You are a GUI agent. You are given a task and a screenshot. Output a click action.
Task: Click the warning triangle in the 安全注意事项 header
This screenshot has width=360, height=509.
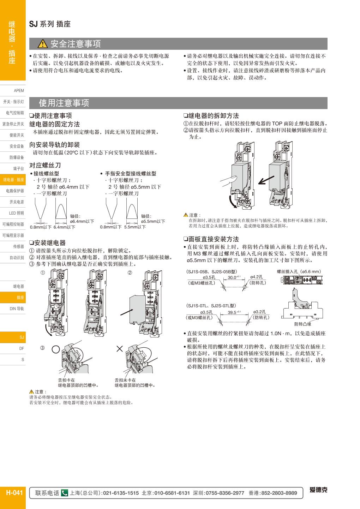pyautogui.click(x=42, y=44)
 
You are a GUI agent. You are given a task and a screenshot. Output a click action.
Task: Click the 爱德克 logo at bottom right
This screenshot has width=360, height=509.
pyautogui.click(x=318, y=490)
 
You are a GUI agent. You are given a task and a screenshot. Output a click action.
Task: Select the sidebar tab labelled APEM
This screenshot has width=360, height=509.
pyautogui.click(x=19, y=91)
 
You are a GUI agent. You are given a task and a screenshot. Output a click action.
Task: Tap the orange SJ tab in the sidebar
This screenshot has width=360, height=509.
pyautogui.click(x=22, y=337)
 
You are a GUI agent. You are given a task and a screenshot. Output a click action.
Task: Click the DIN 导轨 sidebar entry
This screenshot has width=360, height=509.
pyautogui.click(x=17, y=309)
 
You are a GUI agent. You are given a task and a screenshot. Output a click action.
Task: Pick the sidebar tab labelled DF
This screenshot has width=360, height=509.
pyautogui.click(x=22, y=348)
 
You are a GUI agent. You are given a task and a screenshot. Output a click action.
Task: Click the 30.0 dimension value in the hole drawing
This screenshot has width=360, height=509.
pyautogui.click(x=232, y=277)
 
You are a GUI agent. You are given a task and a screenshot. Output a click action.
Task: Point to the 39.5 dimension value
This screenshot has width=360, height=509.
pyautogui.click(x=232, y=312)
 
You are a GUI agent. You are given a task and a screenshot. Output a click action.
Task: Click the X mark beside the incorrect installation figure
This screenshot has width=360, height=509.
pyautogui.click(x=120, y=349)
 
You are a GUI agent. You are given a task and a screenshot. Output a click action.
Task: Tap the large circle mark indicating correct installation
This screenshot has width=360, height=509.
pyautogui.click(x=56, y=349)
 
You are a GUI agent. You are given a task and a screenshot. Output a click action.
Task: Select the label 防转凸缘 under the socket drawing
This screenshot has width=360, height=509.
pyautogui.click(x=303, y=324)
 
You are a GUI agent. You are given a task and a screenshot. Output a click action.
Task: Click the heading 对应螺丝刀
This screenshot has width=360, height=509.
pyautogui.click(x=45, y=165)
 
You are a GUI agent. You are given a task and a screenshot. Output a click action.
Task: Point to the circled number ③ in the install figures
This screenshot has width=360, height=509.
pyautogui.click(x=43, y=348)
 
